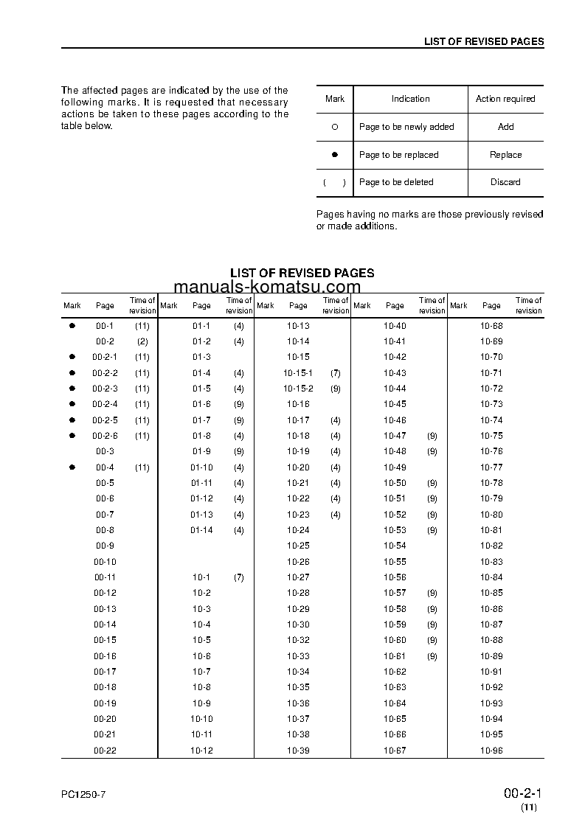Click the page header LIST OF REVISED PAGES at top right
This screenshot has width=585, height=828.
point(483,41)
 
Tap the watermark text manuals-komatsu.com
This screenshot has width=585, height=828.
point(268,288)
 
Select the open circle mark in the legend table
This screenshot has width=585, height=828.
point(334,127)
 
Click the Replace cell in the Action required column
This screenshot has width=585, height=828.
point(505,155)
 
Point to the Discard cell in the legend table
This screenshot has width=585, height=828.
point(505,182)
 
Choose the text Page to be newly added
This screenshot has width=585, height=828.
point(406,127)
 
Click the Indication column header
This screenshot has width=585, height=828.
point(410,99)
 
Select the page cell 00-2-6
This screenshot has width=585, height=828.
point(105,436)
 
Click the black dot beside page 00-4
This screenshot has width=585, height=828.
point(72,467)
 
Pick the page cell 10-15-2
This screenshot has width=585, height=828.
point(298,389)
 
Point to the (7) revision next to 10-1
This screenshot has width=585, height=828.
point(238,577)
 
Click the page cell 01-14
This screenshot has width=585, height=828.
point(201,530)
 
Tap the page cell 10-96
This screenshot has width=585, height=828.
point(491,751)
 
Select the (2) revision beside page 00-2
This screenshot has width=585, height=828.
point(142,341)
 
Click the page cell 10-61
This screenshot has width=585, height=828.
point(395,656)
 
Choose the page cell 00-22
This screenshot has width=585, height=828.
point(105,751)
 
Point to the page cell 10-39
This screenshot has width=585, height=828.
point(298,751)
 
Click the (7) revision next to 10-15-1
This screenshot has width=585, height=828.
point(336,373)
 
